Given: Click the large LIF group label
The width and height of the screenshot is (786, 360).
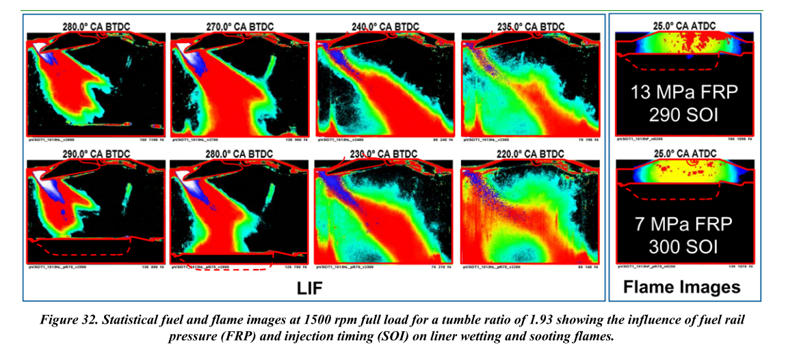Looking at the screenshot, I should (x=309, y=290).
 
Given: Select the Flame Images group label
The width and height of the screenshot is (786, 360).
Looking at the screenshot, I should (x=681, y=287).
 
